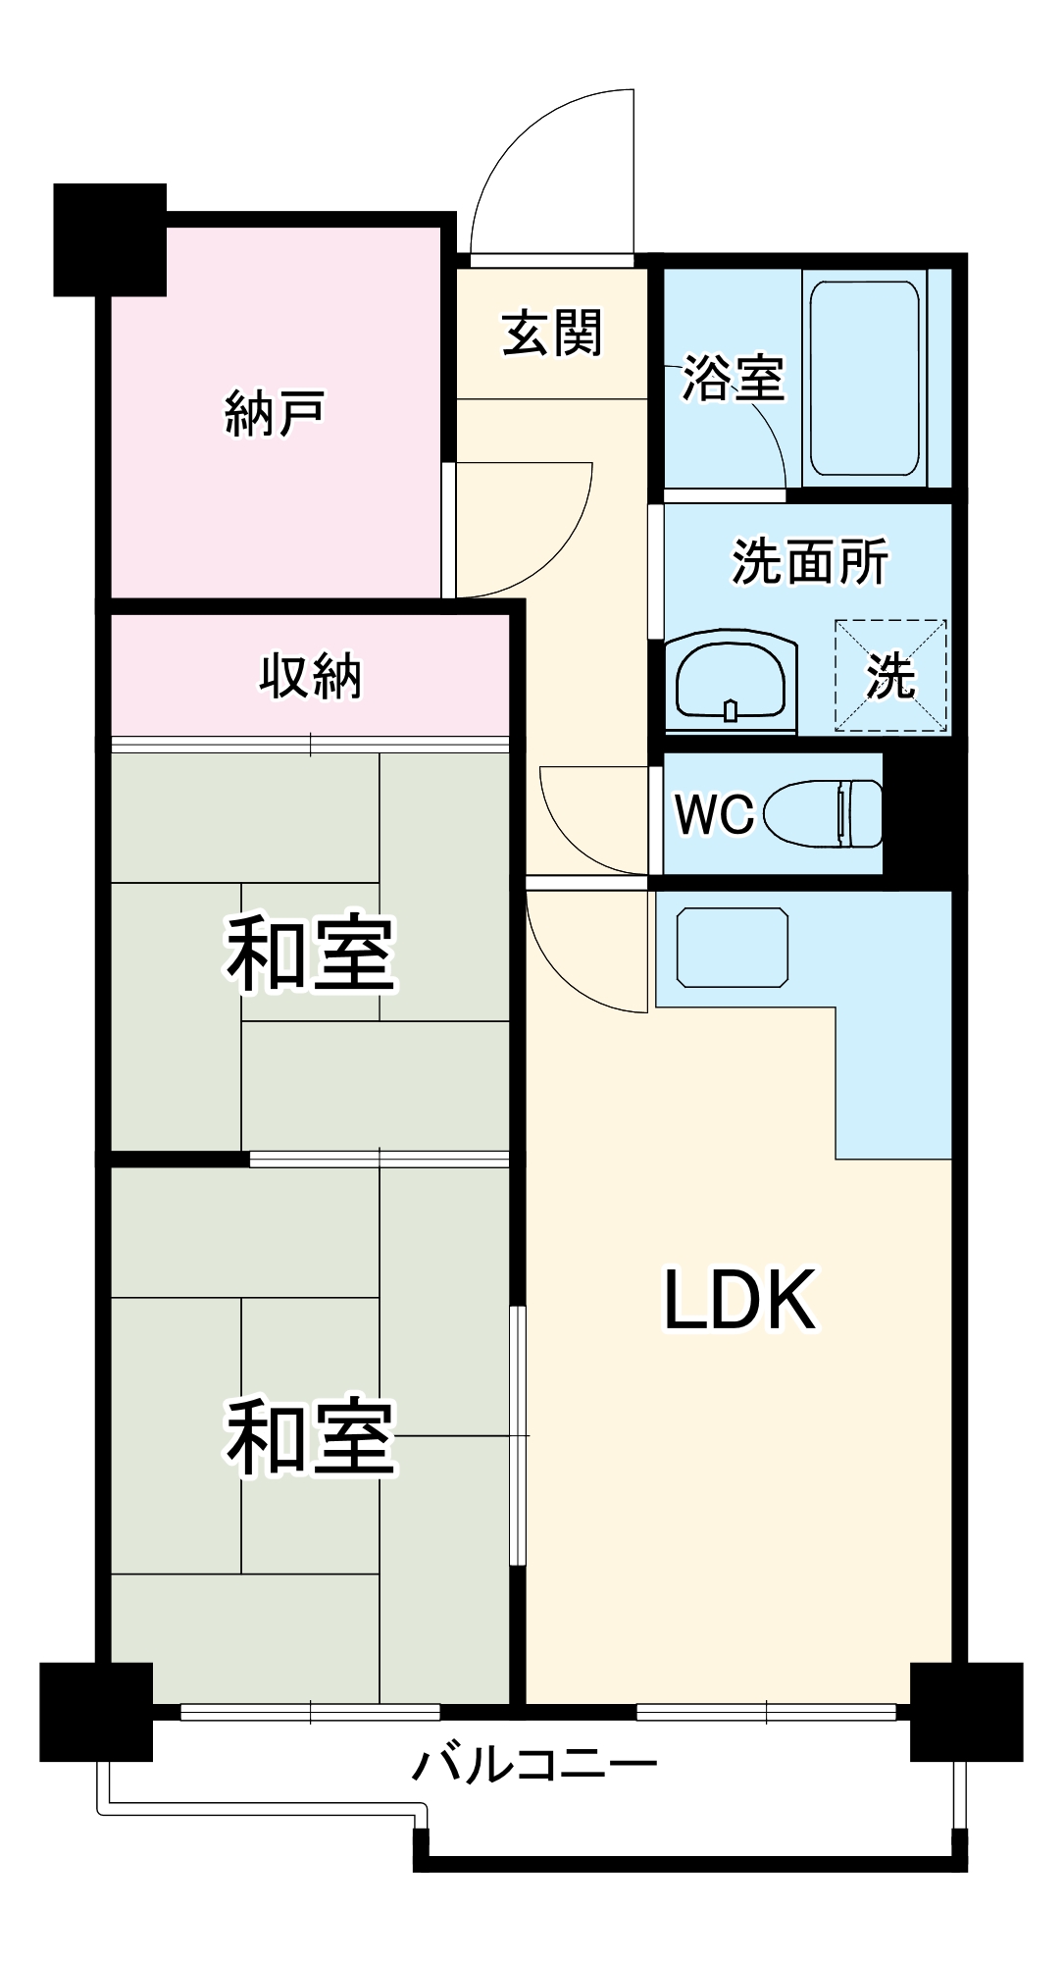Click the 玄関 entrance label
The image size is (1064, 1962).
552,334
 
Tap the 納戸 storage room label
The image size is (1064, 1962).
275,412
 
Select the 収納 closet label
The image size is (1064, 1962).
310,676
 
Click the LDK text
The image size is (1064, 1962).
740,1300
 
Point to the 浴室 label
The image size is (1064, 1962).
734,378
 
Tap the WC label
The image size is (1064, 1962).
714,813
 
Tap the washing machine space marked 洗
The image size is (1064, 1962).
890,676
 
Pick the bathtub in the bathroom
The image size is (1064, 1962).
865,378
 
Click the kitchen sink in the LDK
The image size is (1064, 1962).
733,948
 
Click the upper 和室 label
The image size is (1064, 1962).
310,954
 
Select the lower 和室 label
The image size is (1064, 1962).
310,1437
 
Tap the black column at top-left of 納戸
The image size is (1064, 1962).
109,239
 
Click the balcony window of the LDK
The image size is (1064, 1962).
767,1712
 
